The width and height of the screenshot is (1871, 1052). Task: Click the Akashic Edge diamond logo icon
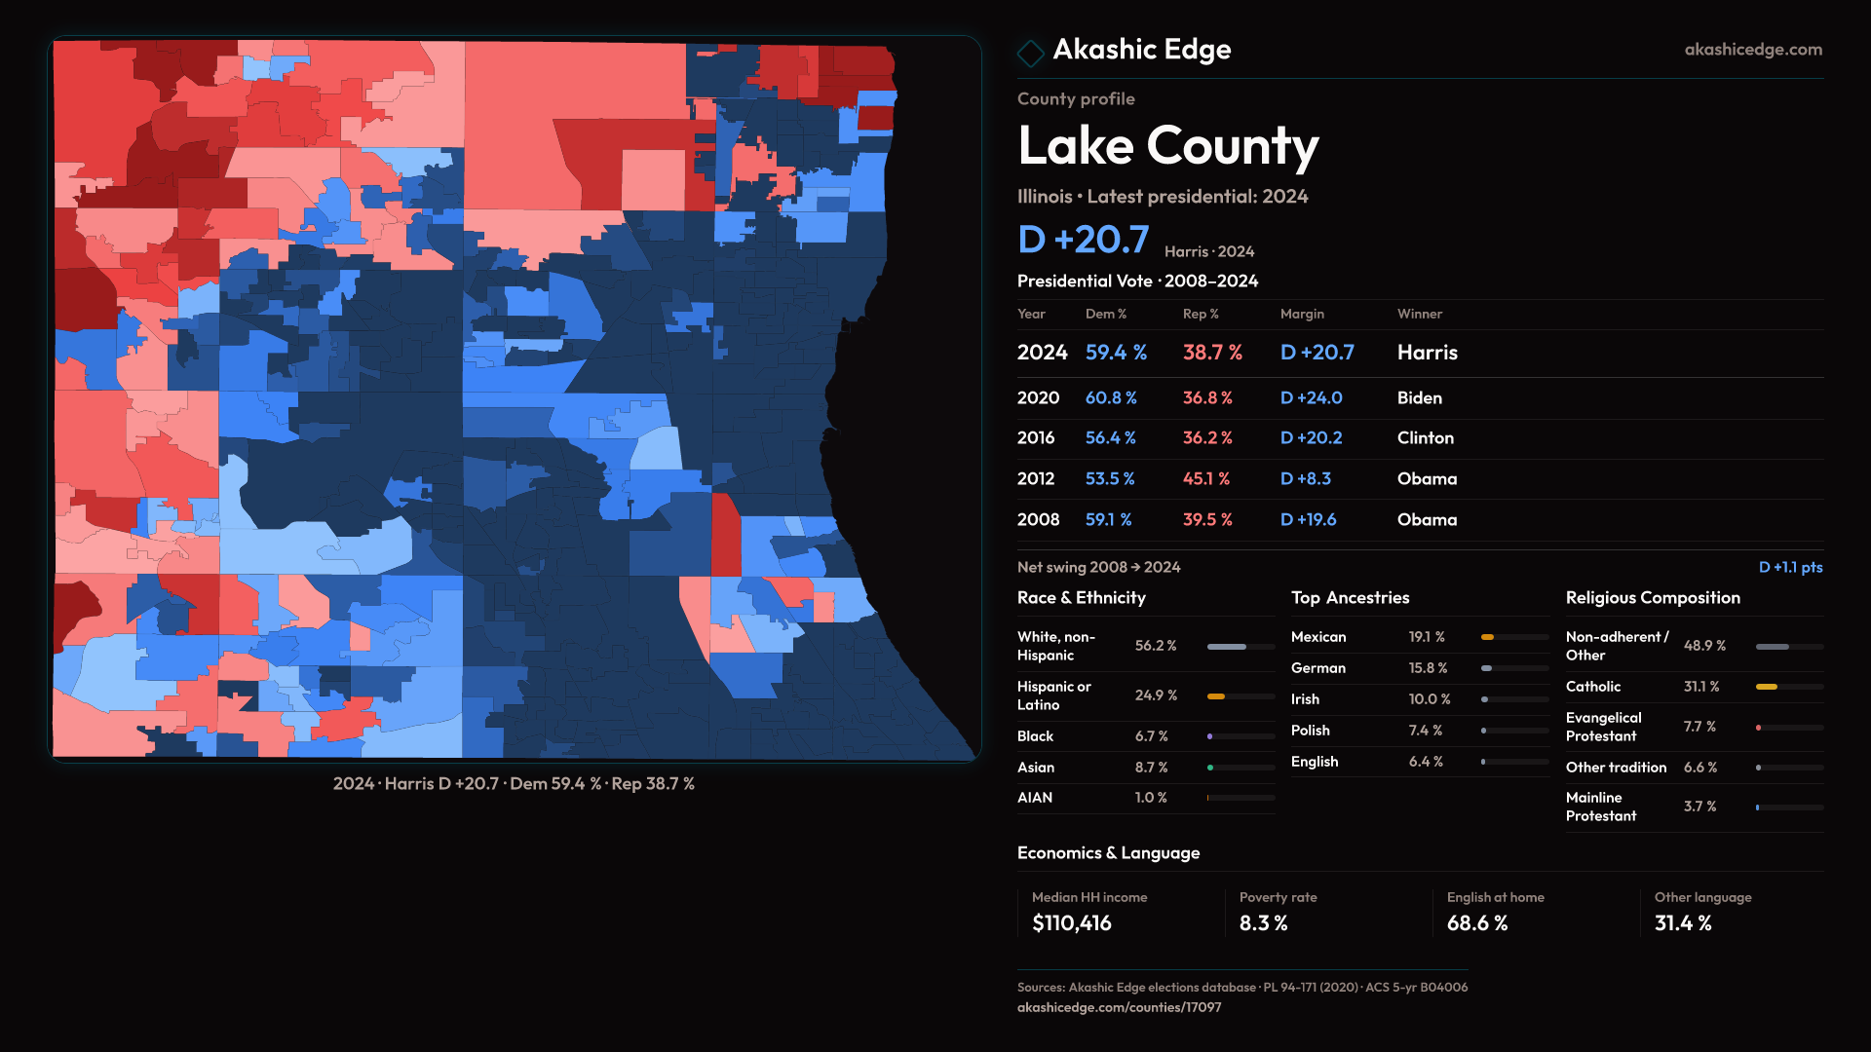point(1030,53)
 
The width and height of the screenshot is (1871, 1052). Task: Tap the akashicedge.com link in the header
point(1752,50)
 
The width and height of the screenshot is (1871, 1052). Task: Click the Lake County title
point(1167,147)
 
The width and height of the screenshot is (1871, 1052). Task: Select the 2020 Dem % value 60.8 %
point(1111,398)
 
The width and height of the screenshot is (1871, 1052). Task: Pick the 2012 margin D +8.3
point(1305,479)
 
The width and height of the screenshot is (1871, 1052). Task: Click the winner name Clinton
point(1425,438)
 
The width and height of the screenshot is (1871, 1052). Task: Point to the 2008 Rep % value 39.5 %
point(1206,520)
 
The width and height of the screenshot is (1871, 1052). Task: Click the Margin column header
point(1302,314)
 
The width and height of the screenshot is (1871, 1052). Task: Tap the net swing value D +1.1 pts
point(1790,567)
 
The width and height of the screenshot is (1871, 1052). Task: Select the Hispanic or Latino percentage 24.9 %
point(1156,695)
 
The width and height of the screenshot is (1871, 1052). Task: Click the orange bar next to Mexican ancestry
point(1487,637)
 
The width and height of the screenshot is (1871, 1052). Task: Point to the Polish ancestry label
point(1310,731)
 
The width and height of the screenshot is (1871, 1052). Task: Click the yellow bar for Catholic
point(1766,687)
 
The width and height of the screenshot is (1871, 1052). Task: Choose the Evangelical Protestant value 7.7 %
point(1699,727)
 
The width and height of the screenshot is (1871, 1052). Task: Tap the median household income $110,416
point(1071,923)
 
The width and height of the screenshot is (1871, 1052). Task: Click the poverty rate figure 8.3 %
point(1263,923)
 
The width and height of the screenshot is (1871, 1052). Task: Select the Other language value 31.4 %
point(1682,923)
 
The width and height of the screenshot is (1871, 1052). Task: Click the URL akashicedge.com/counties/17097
point(1119,1007)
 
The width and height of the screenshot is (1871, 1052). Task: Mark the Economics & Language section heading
point(1108,853)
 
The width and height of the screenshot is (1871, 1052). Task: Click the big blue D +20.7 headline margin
point(1083,240)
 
